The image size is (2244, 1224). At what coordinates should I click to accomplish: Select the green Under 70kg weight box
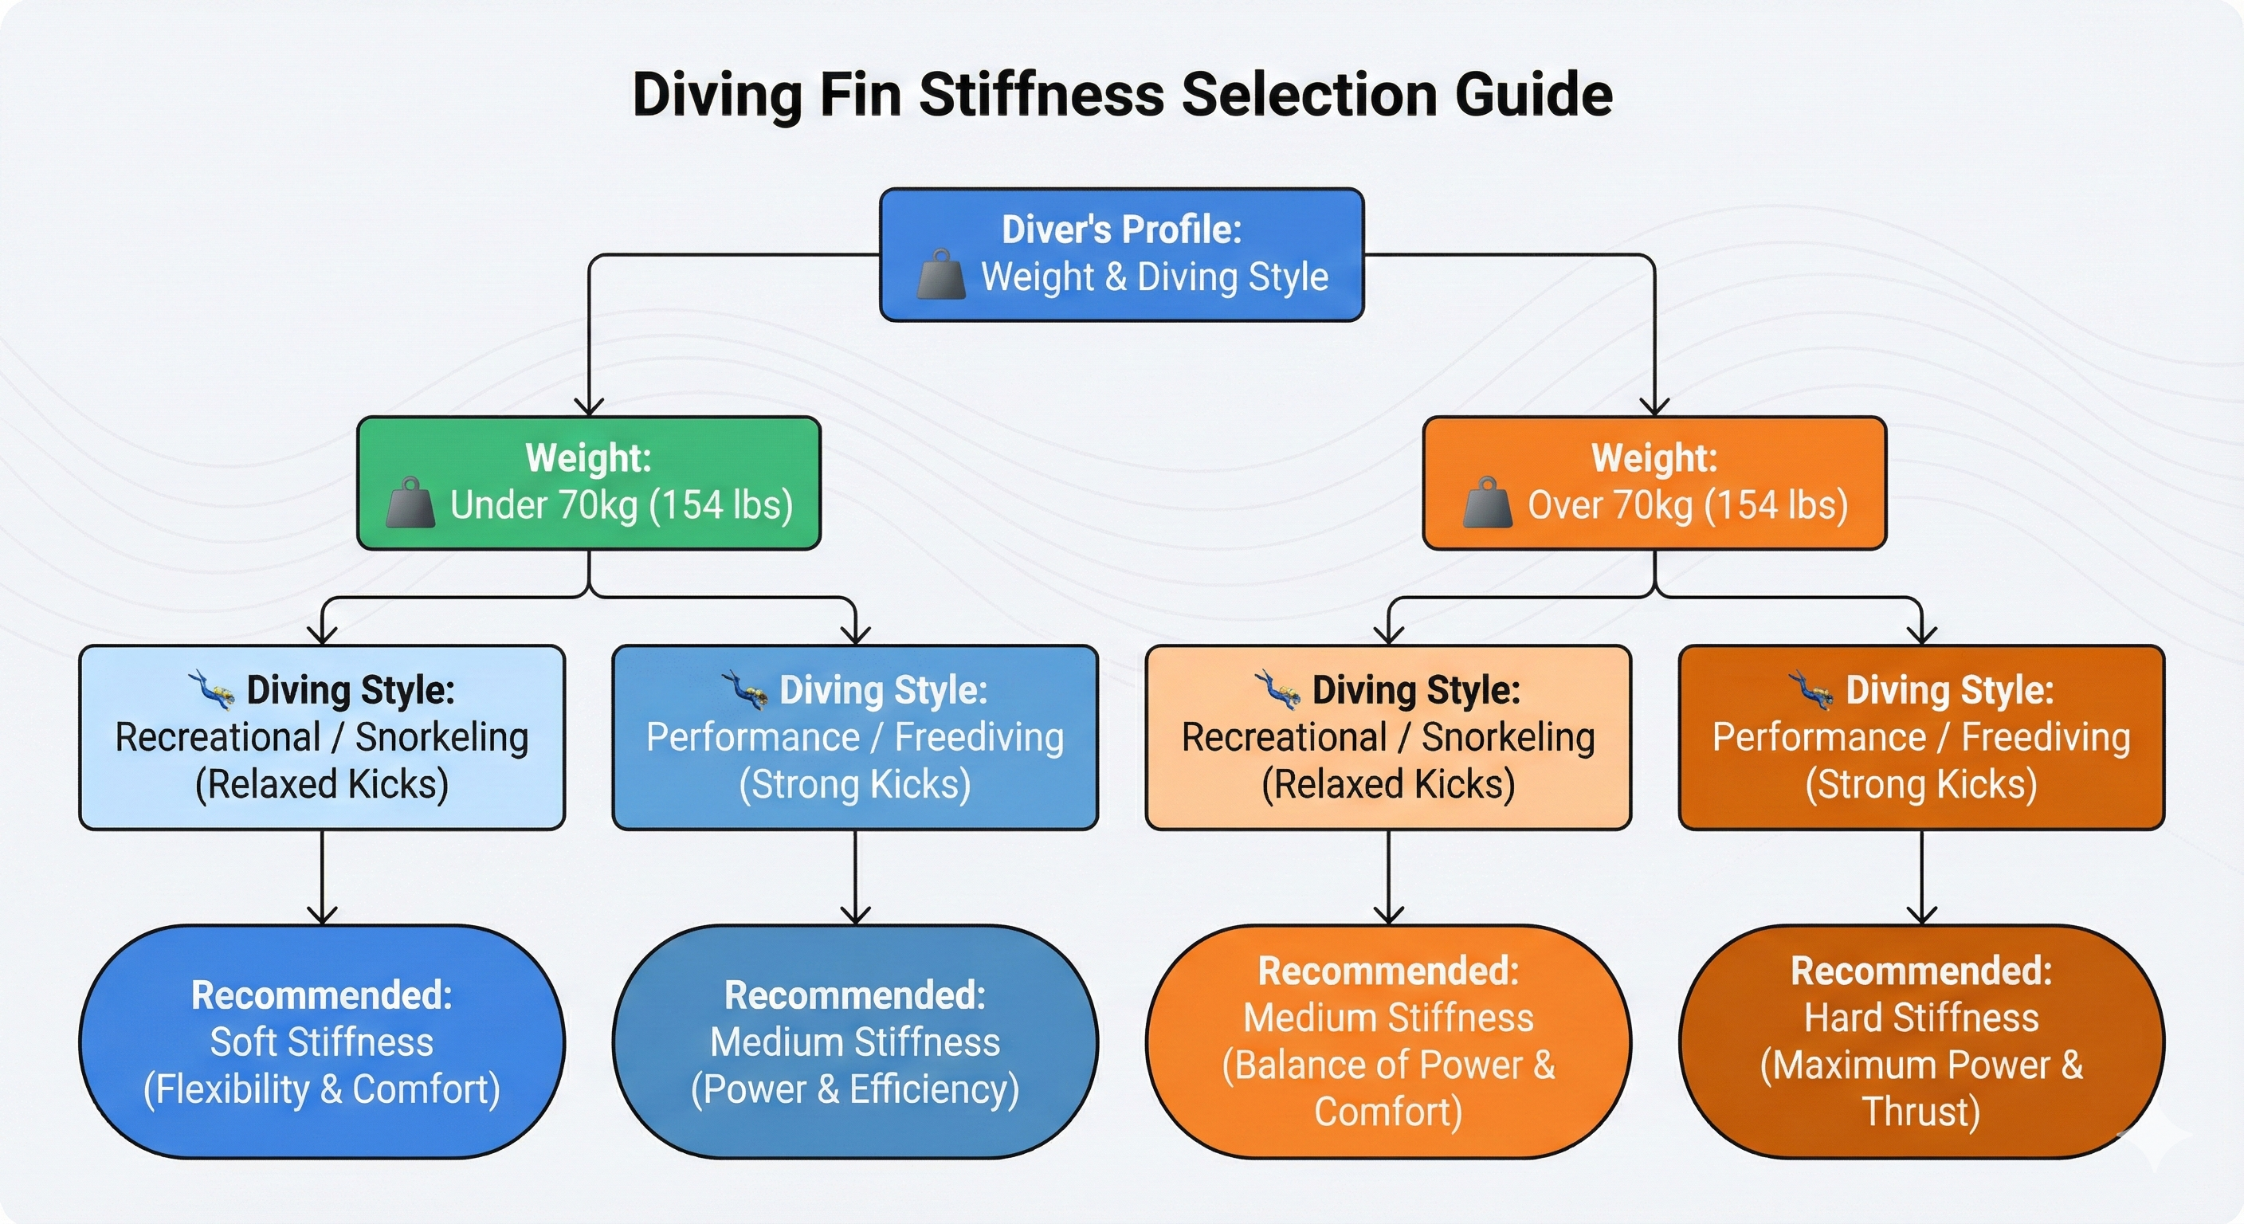tap(589, 483)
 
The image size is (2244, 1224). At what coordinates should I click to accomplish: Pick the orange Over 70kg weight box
tap(1654, 483)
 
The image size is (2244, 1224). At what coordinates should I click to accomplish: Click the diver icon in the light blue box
tap(212, 690)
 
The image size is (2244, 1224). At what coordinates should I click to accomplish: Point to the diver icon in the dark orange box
tap(1811, 690)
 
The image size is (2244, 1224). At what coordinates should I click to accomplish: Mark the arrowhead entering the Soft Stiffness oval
tap(322, 915)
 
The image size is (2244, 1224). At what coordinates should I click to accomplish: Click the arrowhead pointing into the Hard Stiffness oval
tap(1922, 915)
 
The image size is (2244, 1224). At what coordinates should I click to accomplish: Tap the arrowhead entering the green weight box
tap(590, 407)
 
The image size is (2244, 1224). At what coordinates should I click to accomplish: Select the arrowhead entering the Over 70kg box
tap(1654, 407)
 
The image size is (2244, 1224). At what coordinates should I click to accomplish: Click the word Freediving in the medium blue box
tap(979, 737)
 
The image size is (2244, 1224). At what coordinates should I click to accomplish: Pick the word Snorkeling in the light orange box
tap(1508, 737)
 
